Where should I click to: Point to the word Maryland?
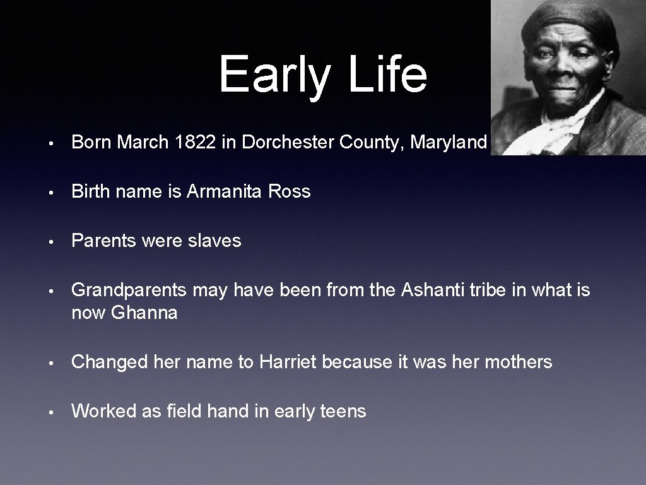pyautogui.click(x=449, y=143)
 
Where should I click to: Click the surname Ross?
pyautogui.click(x=290, y=191)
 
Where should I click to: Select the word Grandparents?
pyautogui.click(x=129, y=290)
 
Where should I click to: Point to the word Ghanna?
pyautogui.click(x=144, y=313)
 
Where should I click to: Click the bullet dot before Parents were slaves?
pyautogui.click(x=57, y=241)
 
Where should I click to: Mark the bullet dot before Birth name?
pyautogui.click(x=57, y=192)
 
